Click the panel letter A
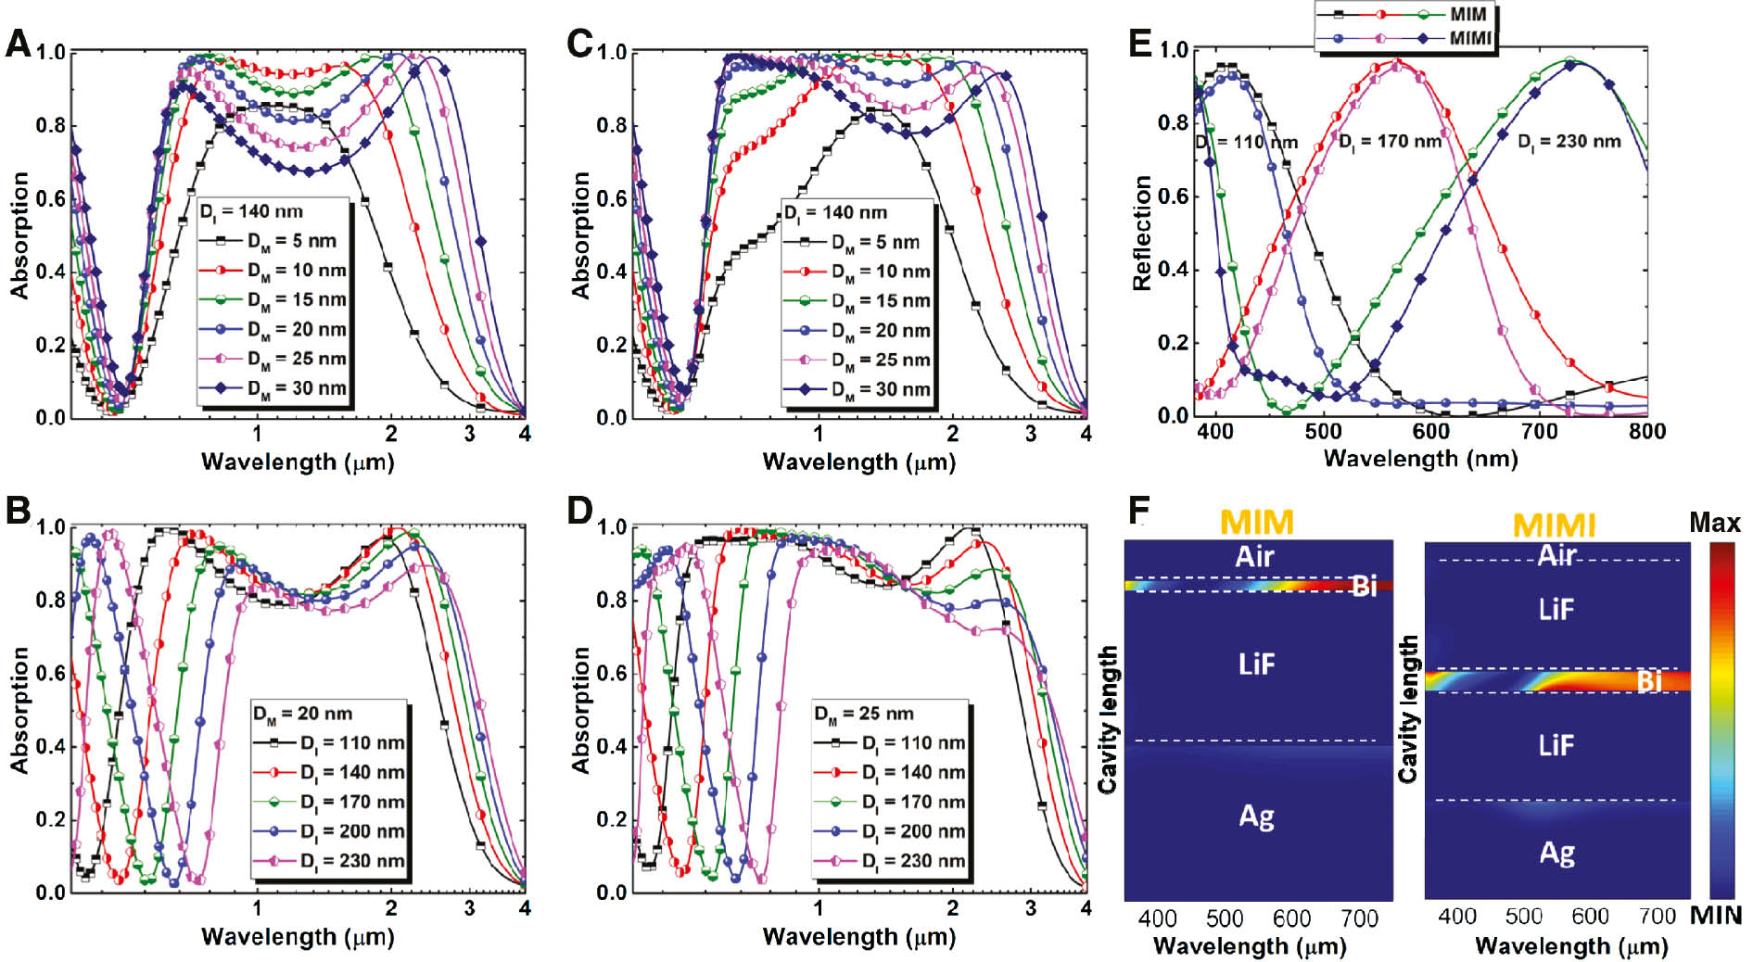[18, 44]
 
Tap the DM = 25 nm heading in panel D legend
[863, 714]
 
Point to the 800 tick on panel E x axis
[1646, 431]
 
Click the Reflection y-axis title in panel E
[1141, 233]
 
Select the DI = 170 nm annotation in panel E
[1390, 142]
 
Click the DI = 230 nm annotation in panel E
[1569, 142]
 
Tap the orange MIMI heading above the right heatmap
[1554, 525]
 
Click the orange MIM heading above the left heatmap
[1256, 522]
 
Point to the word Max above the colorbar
[1714, 523]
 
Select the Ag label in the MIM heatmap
[1256, 816]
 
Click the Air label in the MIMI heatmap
[1556, 555]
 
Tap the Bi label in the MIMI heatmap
[1649, 682]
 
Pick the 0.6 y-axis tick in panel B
[50, 673]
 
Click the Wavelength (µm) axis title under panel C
[858, 462]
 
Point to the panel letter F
[1139, 509]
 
